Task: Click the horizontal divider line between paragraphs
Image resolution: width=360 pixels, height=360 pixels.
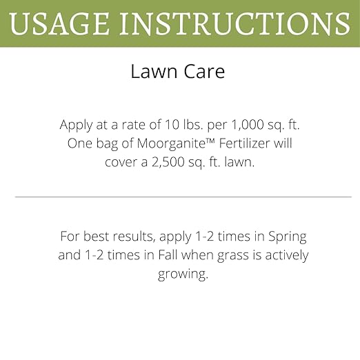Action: pos(183,197)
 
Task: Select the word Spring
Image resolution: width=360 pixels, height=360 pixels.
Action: pos(286,237)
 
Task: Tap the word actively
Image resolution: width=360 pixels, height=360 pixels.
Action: pos(283,255)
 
